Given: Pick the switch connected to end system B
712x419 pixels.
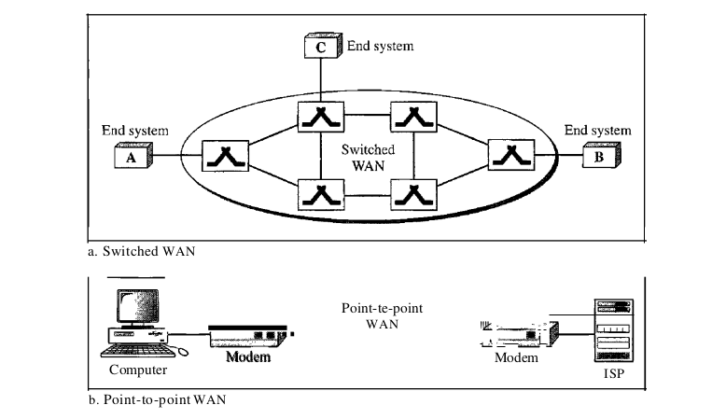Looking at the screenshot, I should click(x=509, y=156).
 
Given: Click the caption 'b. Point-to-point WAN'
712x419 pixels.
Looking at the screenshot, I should click(x=156, y=400).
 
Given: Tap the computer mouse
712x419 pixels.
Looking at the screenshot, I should click(x=182, y=352).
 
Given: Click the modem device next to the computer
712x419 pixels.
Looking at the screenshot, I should click(x=249, y=334).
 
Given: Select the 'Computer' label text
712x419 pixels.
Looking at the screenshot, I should click(x=138, y=370).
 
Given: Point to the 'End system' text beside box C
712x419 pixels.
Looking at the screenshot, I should click(x=380, y=44).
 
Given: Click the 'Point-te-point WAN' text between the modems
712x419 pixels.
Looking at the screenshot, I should click(x=375, y=314).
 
